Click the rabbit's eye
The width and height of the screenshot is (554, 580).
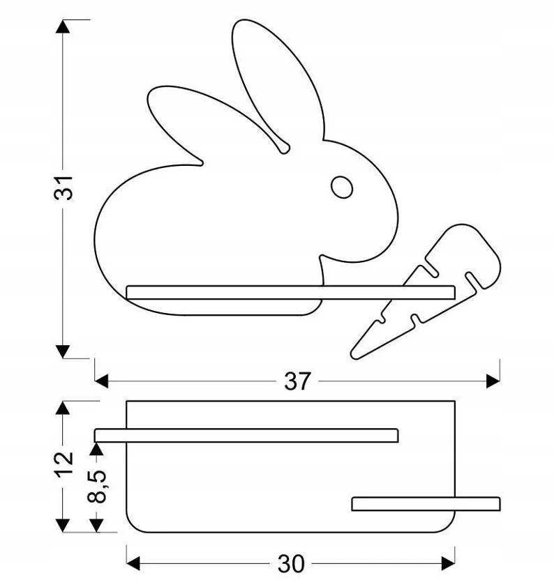coord(341,187)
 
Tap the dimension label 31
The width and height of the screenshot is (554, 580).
coord(63,188)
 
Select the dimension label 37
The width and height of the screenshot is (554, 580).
coord(297,381)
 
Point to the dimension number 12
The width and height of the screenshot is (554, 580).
coord(63,464)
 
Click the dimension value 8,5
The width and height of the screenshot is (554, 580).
coord(97,487)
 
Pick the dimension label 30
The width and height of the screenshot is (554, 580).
coord(291,564)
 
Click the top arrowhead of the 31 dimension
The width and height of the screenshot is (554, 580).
coord(63,26)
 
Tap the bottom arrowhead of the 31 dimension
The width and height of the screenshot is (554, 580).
coord(63,351)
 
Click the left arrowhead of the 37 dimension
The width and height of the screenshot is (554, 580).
coord(101,381)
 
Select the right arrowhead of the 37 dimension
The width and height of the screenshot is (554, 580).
coord(493,381)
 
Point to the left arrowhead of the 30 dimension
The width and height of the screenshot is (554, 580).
coord(133,563)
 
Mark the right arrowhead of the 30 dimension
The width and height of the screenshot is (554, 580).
coord(448,563)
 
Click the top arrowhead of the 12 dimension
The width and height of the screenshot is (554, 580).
coord(63,408)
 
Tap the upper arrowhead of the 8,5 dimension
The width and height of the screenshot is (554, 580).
coord(96,449)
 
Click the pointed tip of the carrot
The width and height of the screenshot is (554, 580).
coord(352,356)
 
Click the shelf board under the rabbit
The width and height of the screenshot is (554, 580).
coord(290,292)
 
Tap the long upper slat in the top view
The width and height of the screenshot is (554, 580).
coord(246,436)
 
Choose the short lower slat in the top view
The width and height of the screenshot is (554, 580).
coord(426,504)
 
